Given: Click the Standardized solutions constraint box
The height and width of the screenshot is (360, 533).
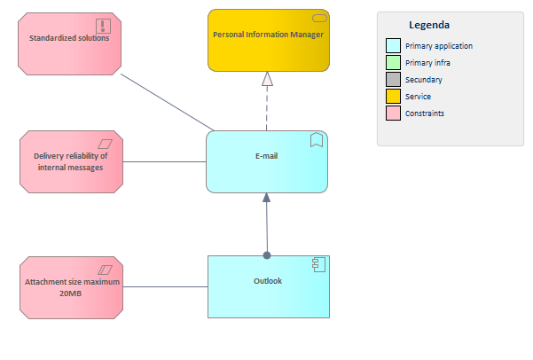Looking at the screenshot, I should pos(69,43).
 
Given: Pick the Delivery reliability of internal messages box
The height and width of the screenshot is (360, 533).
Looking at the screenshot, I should pos(70,161).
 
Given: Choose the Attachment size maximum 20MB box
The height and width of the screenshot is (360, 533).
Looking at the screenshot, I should pos(70,288).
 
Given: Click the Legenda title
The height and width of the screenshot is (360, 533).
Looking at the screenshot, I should pos(428,25).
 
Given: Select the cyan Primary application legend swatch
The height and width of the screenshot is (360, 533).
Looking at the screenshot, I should pos(393,45).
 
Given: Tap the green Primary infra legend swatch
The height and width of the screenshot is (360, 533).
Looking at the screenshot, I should pos(393,62).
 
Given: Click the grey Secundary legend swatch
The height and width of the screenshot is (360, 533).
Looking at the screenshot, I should pos(393,80).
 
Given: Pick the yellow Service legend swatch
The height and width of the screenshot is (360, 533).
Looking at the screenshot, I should pos(393,96).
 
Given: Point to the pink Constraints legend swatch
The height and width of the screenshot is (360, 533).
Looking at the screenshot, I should pos(393,113).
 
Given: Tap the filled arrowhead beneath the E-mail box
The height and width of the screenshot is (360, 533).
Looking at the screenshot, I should pos(266,199).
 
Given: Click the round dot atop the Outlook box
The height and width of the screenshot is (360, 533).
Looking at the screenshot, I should pos(267,255).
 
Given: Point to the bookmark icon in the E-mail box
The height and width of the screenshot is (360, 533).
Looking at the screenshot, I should pos(316,140).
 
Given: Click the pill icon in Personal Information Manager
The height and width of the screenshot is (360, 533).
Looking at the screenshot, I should pos(317,19).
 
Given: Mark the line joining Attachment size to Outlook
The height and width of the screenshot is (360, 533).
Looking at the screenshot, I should pos(164,287).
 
